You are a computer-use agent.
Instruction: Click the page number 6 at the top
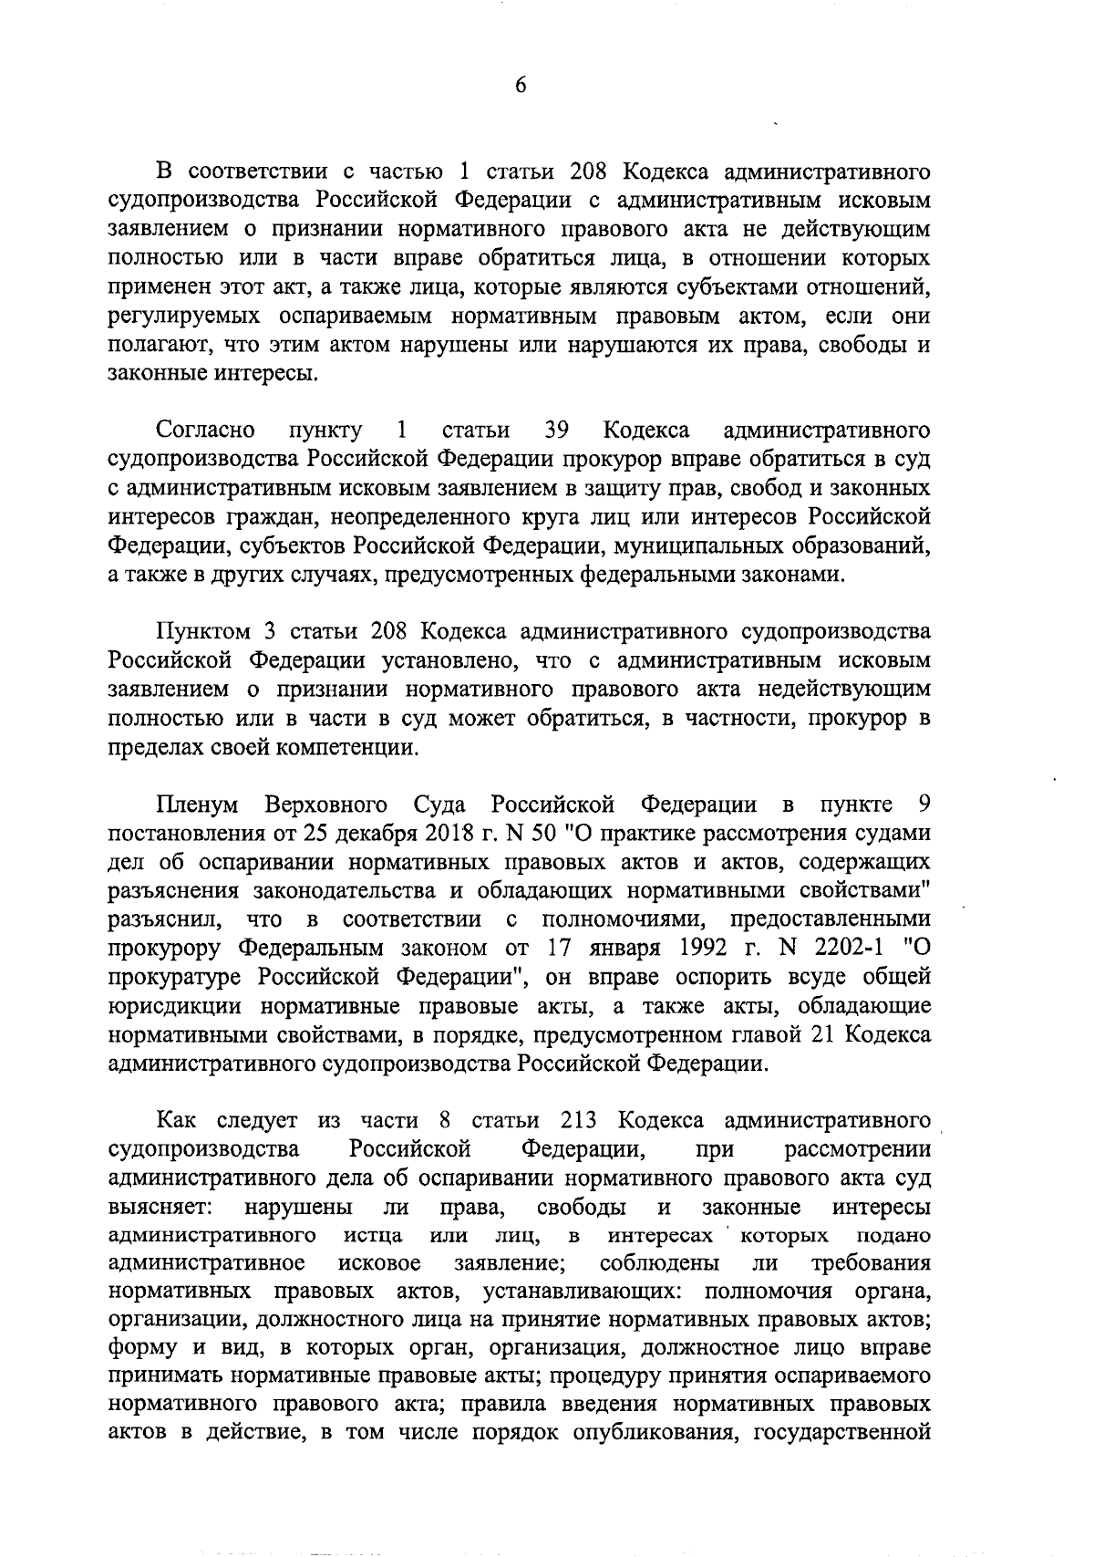coord(521,85)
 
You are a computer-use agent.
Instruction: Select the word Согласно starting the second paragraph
coord(205,429)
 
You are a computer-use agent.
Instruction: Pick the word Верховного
coord(326,805)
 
